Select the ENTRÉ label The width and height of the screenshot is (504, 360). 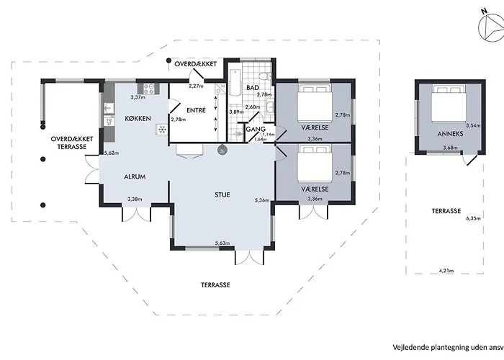tap(196, 110)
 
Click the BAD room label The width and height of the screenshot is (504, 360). tap(252, 88)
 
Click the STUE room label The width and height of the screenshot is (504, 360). tap(222, 194)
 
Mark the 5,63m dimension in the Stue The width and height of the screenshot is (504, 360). tap(222, 243)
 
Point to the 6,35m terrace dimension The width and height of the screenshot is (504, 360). tap(472, 218)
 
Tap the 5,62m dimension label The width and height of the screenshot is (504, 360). tap(111, 153)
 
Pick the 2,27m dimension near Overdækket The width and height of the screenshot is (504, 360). tap(196, 86)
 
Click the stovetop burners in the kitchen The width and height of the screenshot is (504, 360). tap(151, 89)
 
